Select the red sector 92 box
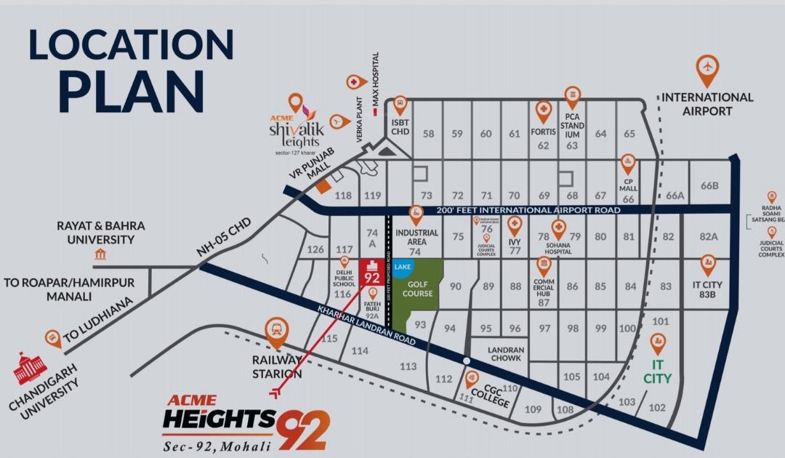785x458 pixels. pyautogui.click(x=371, y=273)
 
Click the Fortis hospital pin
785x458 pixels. pyautogui.click(x=543, y=112)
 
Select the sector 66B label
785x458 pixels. pyautogui.click(x=709, y=185)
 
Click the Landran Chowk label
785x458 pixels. pyautogui.click(x=505, y=354)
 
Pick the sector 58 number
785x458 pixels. pyautogui.click(x=428, y=134)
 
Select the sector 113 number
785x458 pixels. pyautogui.click(x=408, y=366)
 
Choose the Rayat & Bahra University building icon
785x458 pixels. pyautogui.click(x=100, y=254)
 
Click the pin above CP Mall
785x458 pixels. pyautogui.click(x=628, y=163)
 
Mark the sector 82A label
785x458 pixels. pyautogui.click(x=709, y=236)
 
